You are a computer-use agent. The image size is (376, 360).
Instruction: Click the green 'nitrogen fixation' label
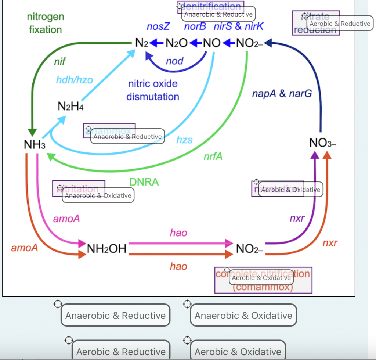pyautogui.click(x=46, y=23)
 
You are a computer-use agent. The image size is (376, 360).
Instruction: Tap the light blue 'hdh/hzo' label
pyautogui.click(x=75, y=80)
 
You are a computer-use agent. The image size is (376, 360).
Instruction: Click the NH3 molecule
pyautogui.click(x=35, y=144)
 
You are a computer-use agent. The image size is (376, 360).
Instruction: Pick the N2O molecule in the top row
pyautogui.click(x=177, y=43)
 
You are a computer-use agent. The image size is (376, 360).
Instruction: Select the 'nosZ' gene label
pyautogui.click(x=158, y=26)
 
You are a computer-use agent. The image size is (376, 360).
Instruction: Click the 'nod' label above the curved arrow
pyautogui.click(x=174, y=61)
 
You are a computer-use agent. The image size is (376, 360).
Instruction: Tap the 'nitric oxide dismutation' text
pyautogui.click(x=153, y=90)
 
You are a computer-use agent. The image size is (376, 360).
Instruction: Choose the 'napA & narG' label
pyautogui.click(x=282, y=93)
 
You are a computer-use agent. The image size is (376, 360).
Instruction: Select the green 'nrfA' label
pyautogui.click(x=213, y=156)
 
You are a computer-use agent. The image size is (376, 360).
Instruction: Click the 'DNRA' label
pyautogui.click(x=144, y=182)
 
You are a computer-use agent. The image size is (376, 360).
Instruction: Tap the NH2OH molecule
pyautogui.click(x=106, y=249)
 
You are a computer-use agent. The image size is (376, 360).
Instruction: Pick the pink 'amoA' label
pyautogui.click(x=66, y=219)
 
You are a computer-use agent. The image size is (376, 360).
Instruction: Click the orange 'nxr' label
pyautogui.click(x=330, y=243)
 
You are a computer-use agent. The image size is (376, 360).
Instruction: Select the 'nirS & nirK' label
pyautogui.click(x=238, y=26)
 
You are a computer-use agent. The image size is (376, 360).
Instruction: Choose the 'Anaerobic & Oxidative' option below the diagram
pyautogui.click(x=243, y=315)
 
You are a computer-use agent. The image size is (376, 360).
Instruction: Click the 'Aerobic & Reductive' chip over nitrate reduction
pyautogui.click(x=340, y=24)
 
